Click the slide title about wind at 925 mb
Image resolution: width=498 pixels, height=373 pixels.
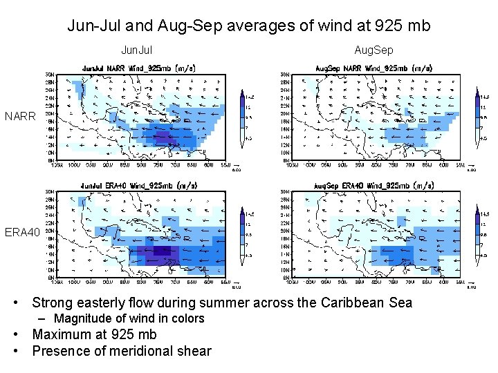coord(249,26)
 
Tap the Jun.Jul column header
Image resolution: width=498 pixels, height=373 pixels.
coord(137,50)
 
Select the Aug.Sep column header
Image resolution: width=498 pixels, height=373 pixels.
coord(373,50)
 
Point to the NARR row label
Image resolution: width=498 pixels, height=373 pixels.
coord(20,116)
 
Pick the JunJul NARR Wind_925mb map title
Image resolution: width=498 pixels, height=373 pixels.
coord(138,68)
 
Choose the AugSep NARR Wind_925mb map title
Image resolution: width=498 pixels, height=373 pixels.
coord(374,68)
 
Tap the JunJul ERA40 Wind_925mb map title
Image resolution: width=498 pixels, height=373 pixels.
coord(138,185)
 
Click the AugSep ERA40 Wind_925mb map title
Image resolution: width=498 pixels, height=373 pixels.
coord(374,185)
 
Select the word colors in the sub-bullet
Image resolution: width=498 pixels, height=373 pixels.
coord(187,318)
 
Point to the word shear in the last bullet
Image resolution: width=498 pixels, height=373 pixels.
coord(194,351)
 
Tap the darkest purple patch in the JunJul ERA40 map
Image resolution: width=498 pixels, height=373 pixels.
coord(163,251)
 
